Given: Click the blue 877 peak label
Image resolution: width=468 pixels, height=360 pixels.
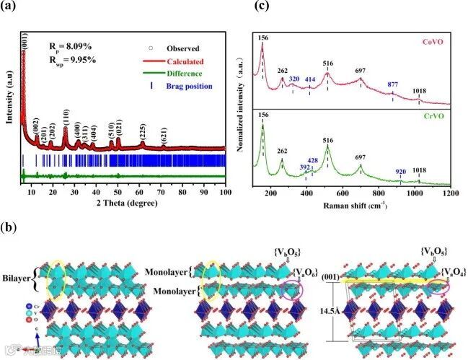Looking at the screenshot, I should point(393,84).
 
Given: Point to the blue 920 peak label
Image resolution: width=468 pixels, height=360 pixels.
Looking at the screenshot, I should point(401,172).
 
